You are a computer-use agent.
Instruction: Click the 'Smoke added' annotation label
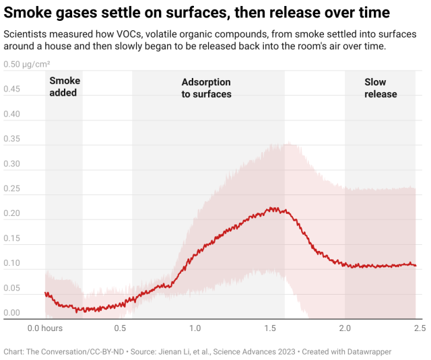(x=64, y=87)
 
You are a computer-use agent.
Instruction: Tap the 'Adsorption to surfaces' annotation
(x=206, y=88)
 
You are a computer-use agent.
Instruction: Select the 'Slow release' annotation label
(x=380, y=88)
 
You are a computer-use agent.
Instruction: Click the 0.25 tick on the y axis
(x=12, y=189)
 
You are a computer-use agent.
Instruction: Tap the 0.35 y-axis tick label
(x=12, y=139)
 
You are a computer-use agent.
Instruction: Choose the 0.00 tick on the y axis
(x=12, y=313)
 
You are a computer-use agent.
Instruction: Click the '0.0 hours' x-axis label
(x=45, y=328)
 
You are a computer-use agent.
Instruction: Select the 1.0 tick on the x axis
(x=195, y=328)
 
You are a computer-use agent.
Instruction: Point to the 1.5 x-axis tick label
(x=270, y=328)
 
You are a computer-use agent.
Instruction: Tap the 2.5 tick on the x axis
(x=419, y=328)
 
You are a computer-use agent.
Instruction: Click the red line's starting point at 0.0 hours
(x=46, y=293)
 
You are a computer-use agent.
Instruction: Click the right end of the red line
(x=416, y=265)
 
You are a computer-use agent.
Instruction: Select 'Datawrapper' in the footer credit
(x=367, y=351)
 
